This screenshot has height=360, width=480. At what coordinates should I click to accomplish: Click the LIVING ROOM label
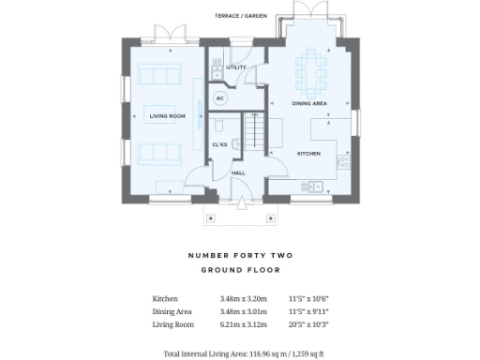[x=168, y=116]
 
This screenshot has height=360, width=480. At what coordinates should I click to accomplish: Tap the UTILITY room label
[x=236, y=67]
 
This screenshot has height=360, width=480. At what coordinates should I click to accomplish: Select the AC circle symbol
[x=220, y=97]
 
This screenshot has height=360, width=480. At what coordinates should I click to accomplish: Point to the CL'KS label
[x=220, y=144]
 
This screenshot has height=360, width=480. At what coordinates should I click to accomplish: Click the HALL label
[x=238, y=172]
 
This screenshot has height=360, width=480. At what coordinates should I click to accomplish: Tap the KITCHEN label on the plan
[x=309, y=153]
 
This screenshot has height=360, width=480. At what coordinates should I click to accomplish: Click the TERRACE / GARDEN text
[x=240, y=16]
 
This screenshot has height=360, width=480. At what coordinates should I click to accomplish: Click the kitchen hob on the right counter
[x=343, y=162]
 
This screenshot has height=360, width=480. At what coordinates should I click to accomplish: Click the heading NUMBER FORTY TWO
[x=240, y=255]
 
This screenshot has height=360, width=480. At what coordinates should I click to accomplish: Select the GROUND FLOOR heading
[x=240, y=270]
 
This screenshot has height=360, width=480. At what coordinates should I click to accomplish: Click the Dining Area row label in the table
[x=172, y=312]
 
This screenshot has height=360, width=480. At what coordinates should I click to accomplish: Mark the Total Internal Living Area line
[x=243, y=353]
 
